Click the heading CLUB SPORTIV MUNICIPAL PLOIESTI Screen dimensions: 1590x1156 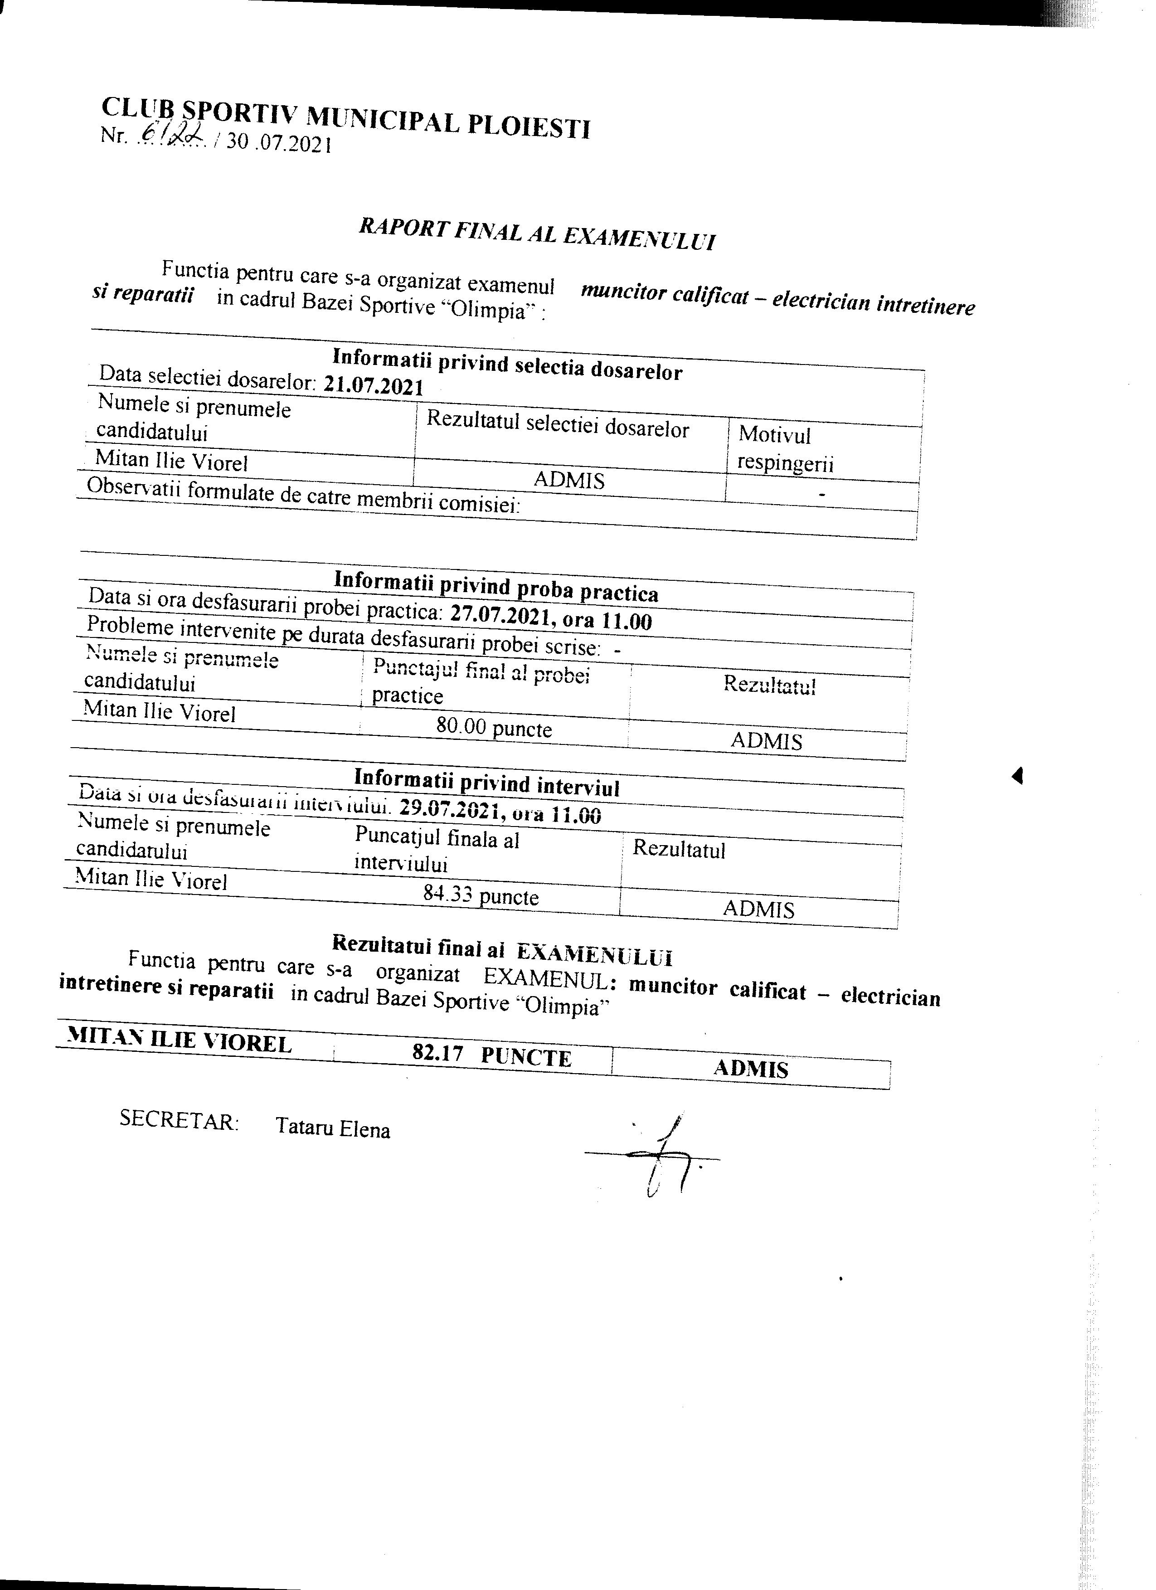(345, 119)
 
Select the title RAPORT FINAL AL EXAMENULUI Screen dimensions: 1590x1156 (537, 233)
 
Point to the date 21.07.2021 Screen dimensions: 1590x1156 (374, 385)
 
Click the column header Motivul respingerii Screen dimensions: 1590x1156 (785, 449)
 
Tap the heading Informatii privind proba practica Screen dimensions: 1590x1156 (496, 587)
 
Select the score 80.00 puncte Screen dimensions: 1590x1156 (494, 727)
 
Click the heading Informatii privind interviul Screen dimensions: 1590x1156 (486, 782)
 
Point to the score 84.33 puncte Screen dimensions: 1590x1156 (481, 895)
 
